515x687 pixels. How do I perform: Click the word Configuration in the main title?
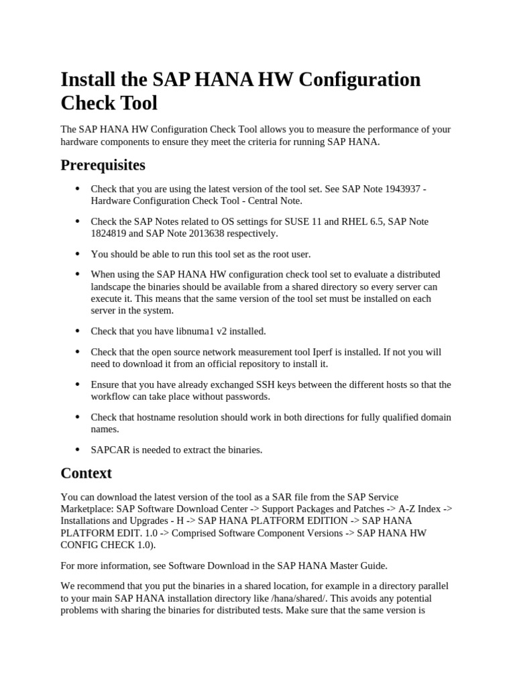point(359,80)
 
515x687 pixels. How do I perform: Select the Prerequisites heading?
point(103,164)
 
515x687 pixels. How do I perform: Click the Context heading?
point(86,473)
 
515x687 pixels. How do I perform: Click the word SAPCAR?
point(106,450)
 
